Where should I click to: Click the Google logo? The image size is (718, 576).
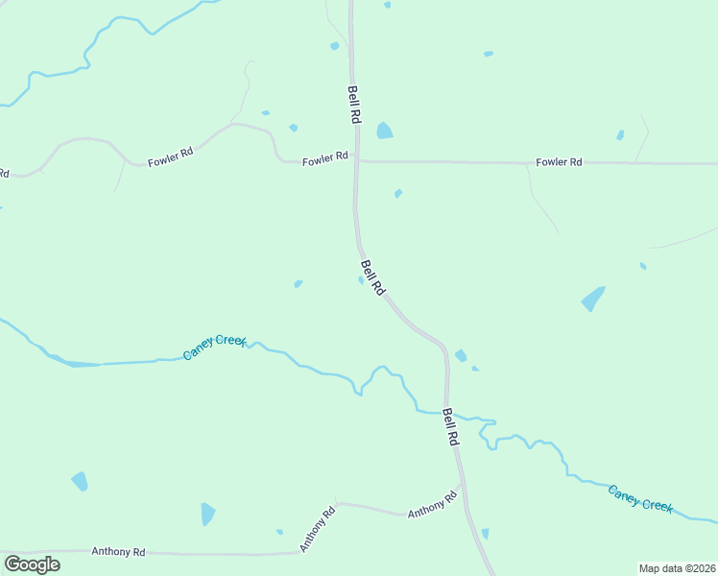pos(32,564)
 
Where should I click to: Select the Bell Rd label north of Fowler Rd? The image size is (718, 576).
pos(354,103)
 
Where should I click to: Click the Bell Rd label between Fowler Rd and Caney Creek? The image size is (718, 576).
pos(372,276)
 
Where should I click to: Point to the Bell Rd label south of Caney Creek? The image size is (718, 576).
pos(450,426)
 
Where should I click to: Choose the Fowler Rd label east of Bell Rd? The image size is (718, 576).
pos(560,162)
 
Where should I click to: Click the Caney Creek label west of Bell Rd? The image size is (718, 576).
pos(215,348)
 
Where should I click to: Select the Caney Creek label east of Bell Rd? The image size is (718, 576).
pos(640,498)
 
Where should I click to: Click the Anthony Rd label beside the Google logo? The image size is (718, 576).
pos(118,552)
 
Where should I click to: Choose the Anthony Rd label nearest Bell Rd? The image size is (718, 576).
pos(432,506)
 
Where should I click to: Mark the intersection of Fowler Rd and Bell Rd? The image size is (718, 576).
pos(356,161)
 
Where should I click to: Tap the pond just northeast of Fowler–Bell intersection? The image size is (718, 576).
pos(385,130)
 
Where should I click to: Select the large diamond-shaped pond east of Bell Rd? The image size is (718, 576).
pos(594,299)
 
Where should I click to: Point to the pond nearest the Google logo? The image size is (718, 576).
pos(80,480)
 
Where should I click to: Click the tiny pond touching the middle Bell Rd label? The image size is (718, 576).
pos(361,280)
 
